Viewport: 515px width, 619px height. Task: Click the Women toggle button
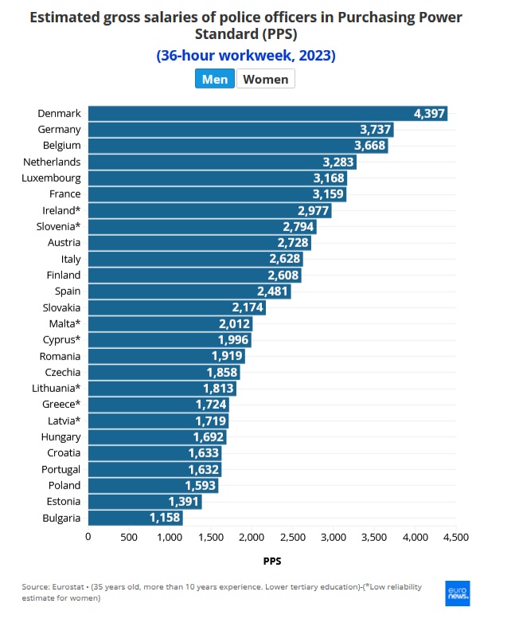pyautogui.click(x=266, y=79)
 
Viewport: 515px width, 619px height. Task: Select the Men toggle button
pyautogui.click(x=215, y=79)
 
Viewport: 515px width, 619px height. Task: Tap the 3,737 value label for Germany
pyautogui.click(x=376, y=129)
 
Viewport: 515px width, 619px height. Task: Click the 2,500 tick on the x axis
pyautogui.click(x=293, y=537)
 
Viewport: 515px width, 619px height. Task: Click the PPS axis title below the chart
pyautogui.click(x=271, y=561)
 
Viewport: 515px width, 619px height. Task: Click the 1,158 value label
pyautogui.click(x=165, y=518)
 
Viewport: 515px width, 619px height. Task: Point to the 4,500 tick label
pyautogui.click(x=456, y=537)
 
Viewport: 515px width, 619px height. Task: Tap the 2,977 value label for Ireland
pyautogui.click(x=313, y=210)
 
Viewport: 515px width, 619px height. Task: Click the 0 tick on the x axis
pyautogui.click(x=88, y=537)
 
